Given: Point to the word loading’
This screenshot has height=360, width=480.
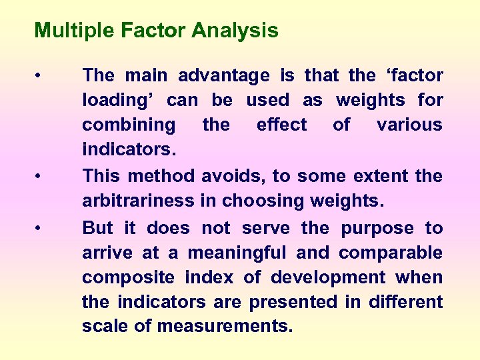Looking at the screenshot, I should [119, 101].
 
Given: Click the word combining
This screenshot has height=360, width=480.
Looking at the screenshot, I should [129, 125].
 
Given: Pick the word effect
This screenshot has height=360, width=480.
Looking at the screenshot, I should [281, 125].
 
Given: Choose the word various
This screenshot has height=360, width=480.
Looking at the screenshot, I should [409, 125].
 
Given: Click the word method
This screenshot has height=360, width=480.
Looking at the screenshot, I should [161, 177].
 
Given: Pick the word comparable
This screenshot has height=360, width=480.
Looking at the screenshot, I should [391, 253].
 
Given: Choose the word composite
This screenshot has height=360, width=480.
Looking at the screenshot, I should [129, 278].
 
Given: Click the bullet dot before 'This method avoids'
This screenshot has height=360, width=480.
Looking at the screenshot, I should [41, 177].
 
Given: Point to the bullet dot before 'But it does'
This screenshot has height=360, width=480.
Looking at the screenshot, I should [41, 229].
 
